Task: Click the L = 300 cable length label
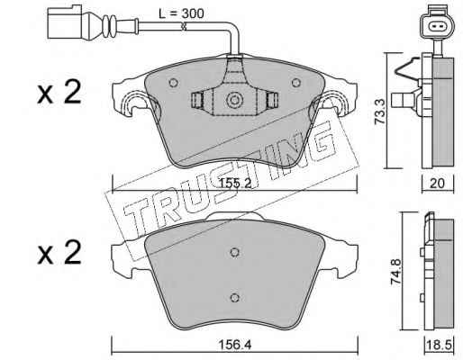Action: (x=181, y=13)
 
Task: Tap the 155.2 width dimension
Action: (x=235, y=183)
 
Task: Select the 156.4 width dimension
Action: (x=235, y=345)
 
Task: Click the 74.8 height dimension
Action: (x=395, y=272)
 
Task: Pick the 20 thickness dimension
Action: (x=437, y=183)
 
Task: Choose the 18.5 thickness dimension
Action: (x=440, y=346)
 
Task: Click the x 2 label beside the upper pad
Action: (x=59, y=92)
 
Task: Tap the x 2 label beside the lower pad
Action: (x=59, y=253)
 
